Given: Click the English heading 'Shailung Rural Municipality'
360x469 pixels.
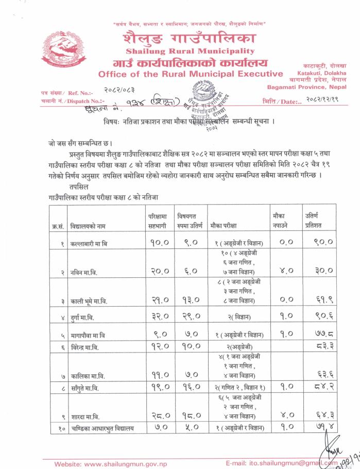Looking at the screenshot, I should coord(190,51).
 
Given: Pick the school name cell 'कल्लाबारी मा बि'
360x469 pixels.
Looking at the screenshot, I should coord(89,242).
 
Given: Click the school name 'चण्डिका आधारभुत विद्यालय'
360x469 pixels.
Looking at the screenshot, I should coord(101,428).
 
